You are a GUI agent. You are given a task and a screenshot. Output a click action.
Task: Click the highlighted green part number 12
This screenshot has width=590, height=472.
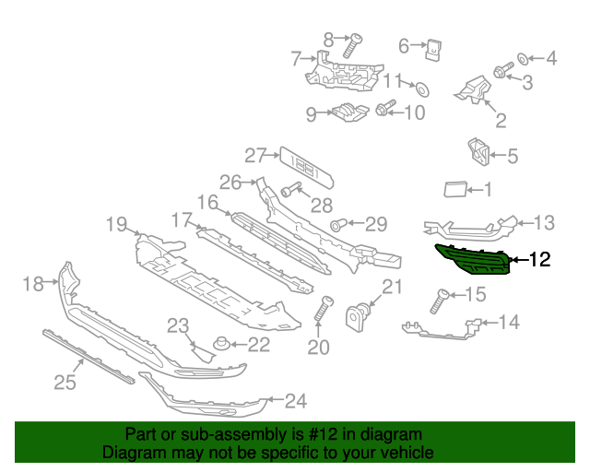pos(474,260)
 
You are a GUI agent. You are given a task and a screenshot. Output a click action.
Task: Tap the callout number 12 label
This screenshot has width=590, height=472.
pos(539,261)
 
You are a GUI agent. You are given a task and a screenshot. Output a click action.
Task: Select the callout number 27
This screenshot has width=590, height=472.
pos(255,155)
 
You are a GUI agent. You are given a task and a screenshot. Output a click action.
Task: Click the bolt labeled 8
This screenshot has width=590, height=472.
pos(350,45)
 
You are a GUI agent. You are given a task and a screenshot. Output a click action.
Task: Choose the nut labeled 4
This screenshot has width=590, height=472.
pos(522,60)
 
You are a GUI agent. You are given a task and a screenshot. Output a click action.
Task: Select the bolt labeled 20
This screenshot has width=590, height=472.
pos(323,309)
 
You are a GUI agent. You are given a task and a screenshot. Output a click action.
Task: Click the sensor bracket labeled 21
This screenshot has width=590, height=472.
pos(358,317)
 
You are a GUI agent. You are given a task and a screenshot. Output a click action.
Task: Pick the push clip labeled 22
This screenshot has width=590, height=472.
pos(220,346)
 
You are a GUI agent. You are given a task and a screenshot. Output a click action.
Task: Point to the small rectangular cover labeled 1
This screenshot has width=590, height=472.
pos(455,190)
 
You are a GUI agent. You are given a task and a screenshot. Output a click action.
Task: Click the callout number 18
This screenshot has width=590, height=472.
pos(32,284)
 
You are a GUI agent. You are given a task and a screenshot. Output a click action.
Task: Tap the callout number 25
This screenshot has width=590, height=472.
pos(65,381)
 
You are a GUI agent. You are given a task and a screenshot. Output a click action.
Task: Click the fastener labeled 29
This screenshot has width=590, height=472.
pos(338,224)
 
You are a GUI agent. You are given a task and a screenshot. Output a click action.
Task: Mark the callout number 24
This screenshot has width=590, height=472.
pos(295,401)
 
